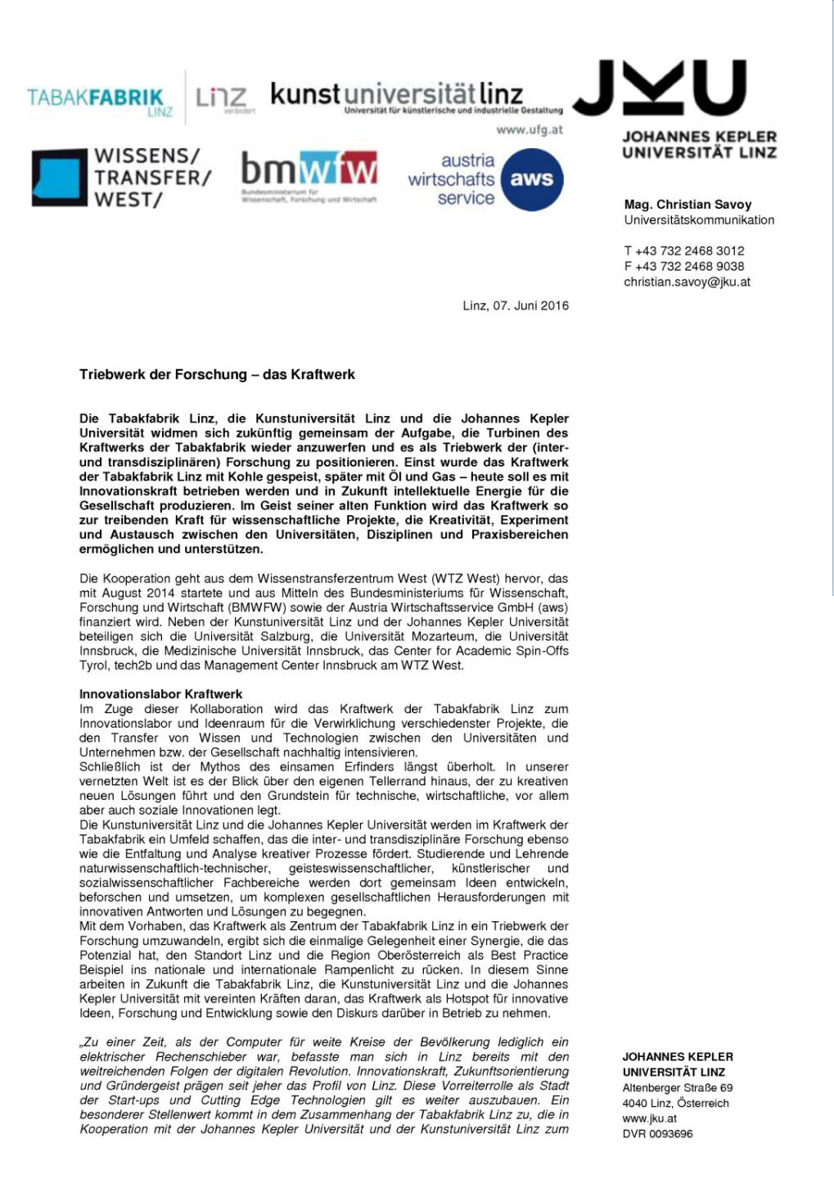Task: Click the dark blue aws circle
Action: point(531,179)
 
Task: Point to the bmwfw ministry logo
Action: point(309,173)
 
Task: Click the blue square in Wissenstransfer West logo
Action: point(59,177)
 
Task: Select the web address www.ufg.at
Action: point(530,129)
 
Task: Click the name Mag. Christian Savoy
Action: point(687,205)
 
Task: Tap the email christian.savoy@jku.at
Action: point(687,282)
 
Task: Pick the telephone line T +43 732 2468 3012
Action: point(684,251)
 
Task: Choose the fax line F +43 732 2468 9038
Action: point(684,266)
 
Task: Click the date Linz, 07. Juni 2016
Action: point(516,305)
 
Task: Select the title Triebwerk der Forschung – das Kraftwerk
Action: point(217,374)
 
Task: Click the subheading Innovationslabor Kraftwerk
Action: point(160,694)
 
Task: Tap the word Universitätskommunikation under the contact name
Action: point(699,219)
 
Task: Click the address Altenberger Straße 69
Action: point(677,1088)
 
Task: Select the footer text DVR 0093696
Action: point(657,1134)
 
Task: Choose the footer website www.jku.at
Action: point(649,1118)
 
